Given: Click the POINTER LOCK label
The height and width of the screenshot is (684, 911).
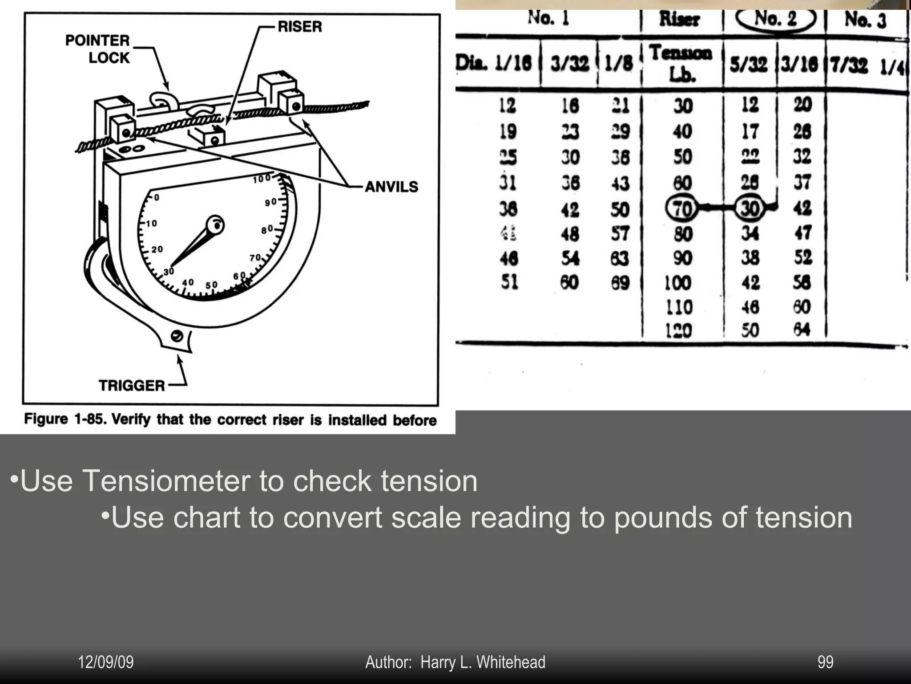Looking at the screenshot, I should [x=98, y=49].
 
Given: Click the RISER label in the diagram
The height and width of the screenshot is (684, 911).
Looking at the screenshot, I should [x=299, y=26].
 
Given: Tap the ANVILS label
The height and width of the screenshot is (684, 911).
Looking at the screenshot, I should [x=391, y=187].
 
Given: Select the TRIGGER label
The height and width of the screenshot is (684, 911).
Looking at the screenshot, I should [x=132, y=385].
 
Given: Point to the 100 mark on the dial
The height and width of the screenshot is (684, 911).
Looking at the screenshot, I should [x=262, y=179].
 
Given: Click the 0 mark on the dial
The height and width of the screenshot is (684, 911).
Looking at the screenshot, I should [x=157, y=197].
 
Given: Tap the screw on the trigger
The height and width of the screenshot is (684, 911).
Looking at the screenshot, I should [x=177, y=336].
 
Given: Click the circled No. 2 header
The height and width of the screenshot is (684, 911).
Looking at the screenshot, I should [x=776, y=19].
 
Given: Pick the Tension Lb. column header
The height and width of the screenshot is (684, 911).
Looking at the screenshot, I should [x=681, y=63].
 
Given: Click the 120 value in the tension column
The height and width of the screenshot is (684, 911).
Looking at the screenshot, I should [x=678, y=330].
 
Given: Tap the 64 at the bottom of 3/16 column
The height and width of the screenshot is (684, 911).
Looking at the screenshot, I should [x=802, y=330].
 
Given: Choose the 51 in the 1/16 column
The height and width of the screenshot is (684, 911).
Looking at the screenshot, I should [x=509, y=282].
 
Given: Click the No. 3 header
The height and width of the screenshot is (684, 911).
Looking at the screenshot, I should [x=865, y=20].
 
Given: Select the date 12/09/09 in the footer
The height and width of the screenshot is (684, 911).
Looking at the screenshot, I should [x=106, y=662].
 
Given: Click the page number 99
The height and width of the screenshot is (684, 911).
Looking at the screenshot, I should [x=825, y=662].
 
